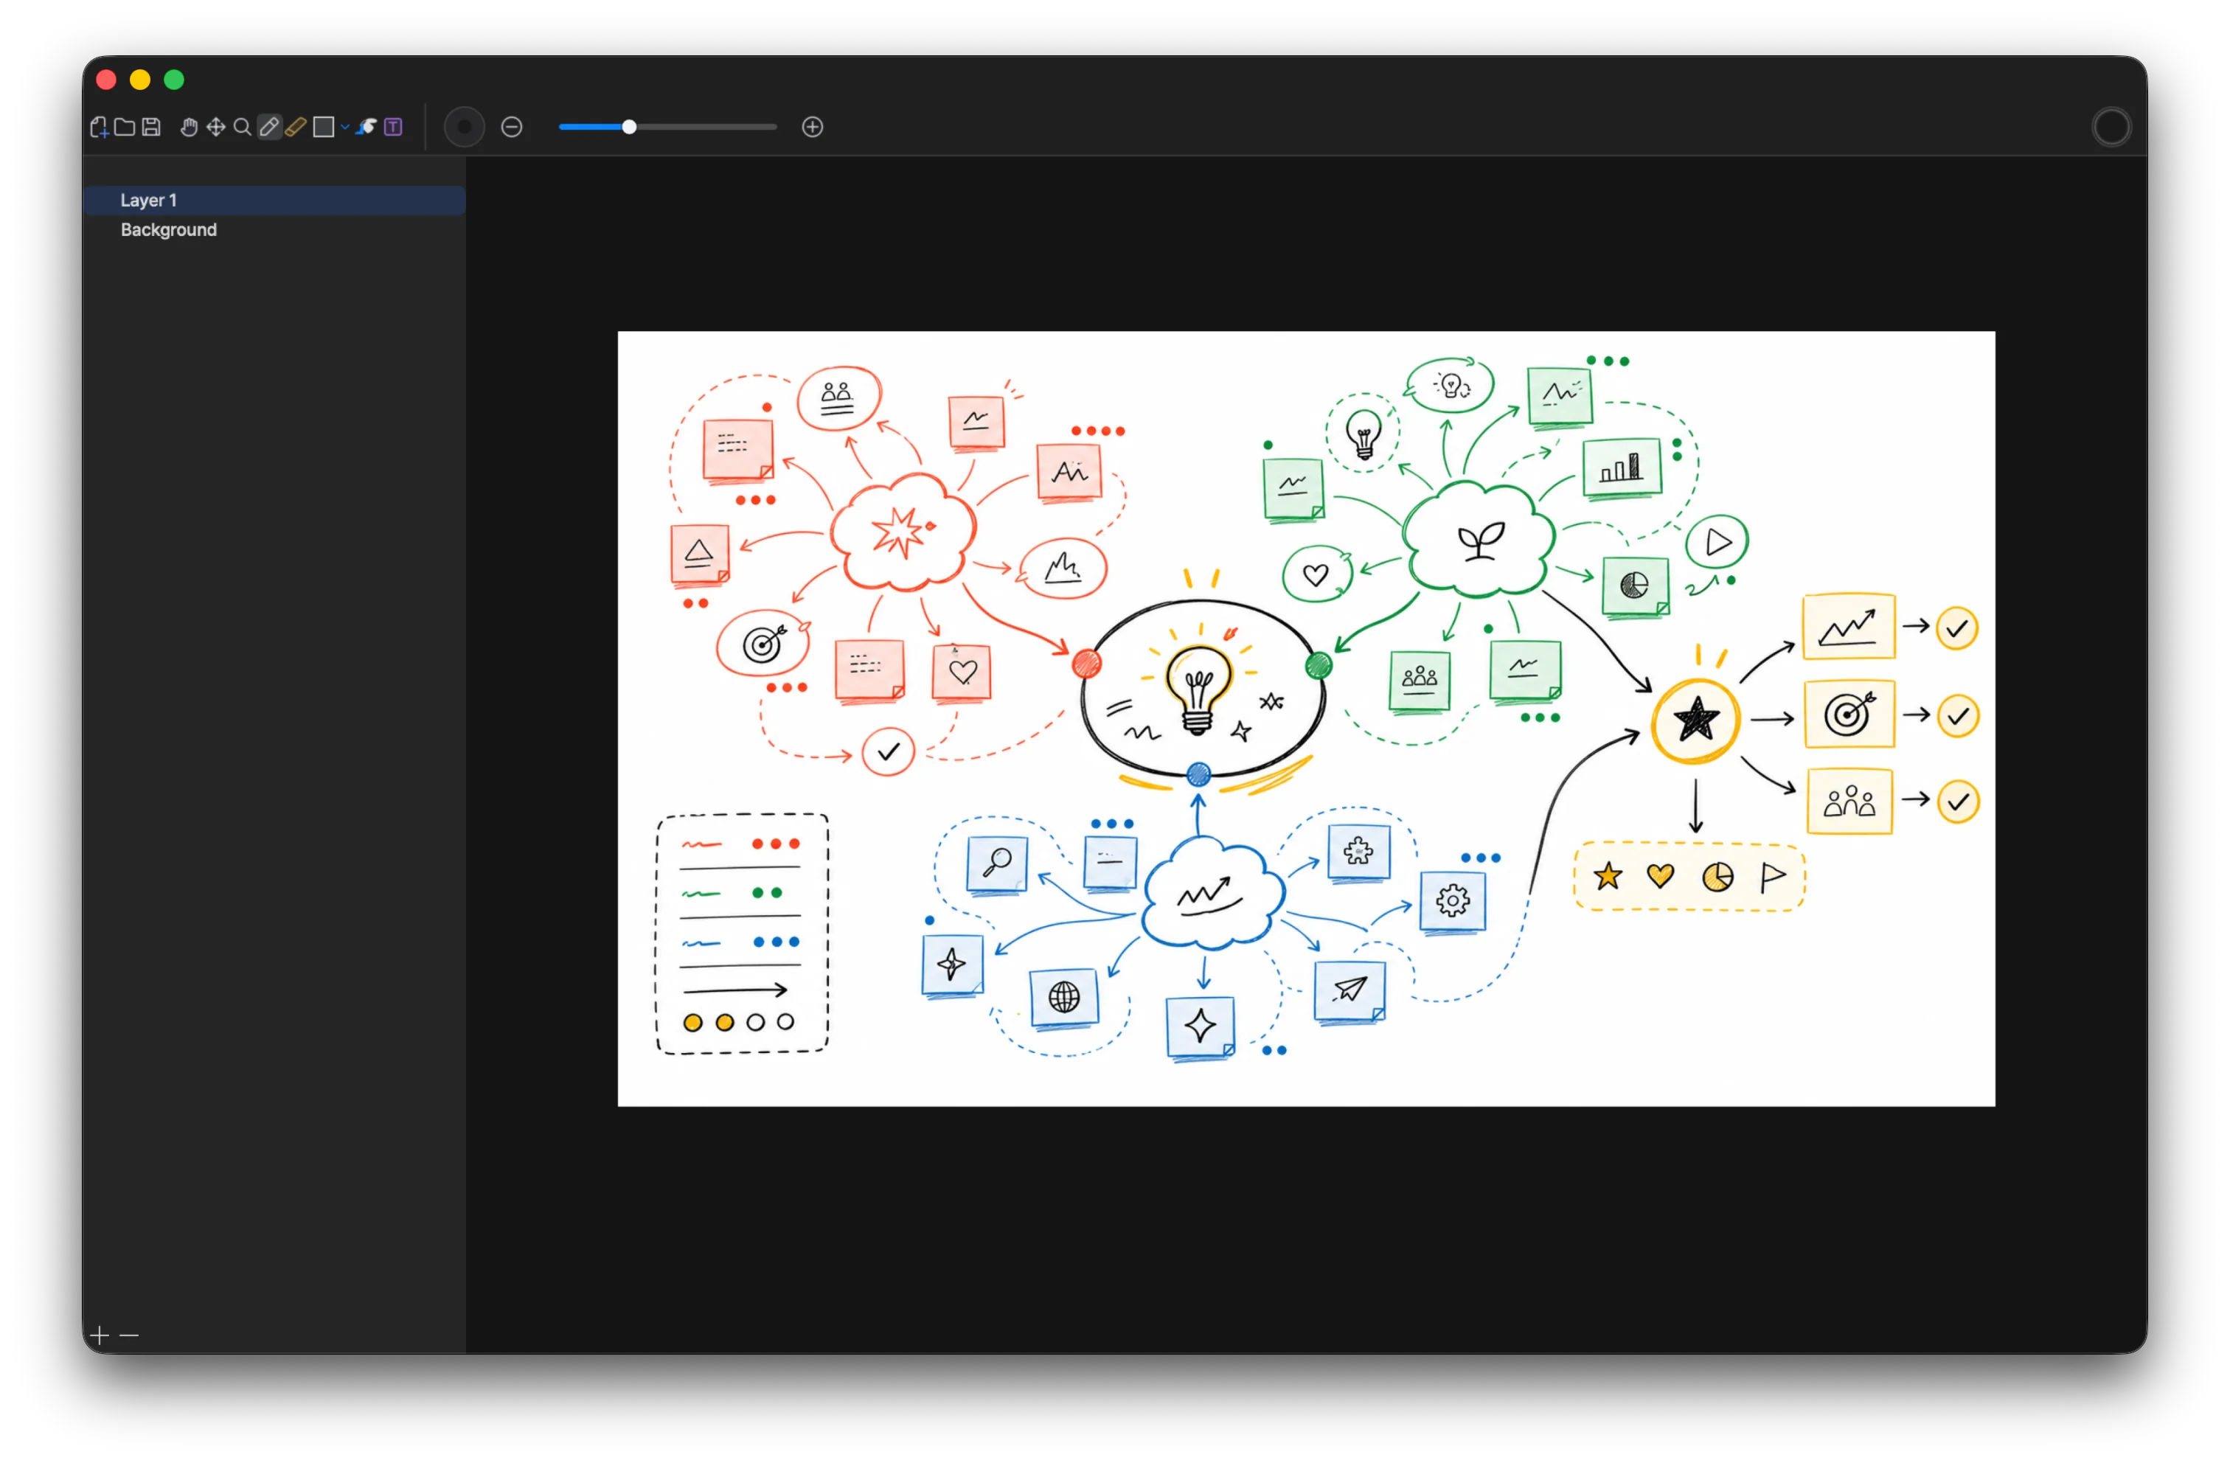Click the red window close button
(x=106, y=80)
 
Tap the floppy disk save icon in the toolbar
(x=152, y=127)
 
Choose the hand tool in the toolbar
(x=188, y=127)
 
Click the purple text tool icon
(x=394, y=127)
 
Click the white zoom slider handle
(x=630, y=127)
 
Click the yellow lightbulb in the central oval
(x=1198, y=688)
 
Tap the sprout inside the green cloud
(x=1481, y=540)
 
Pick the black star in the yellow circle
(x=1696, y=720)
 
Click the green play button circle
(x=1717, y=542)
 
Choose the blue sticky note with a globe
(x=1063, y=997)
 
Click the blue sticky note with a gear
(x=1452, y=900)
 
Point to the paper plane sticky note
(x=1350, y=990)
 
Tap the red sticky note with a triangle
(x=699, y=554)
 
